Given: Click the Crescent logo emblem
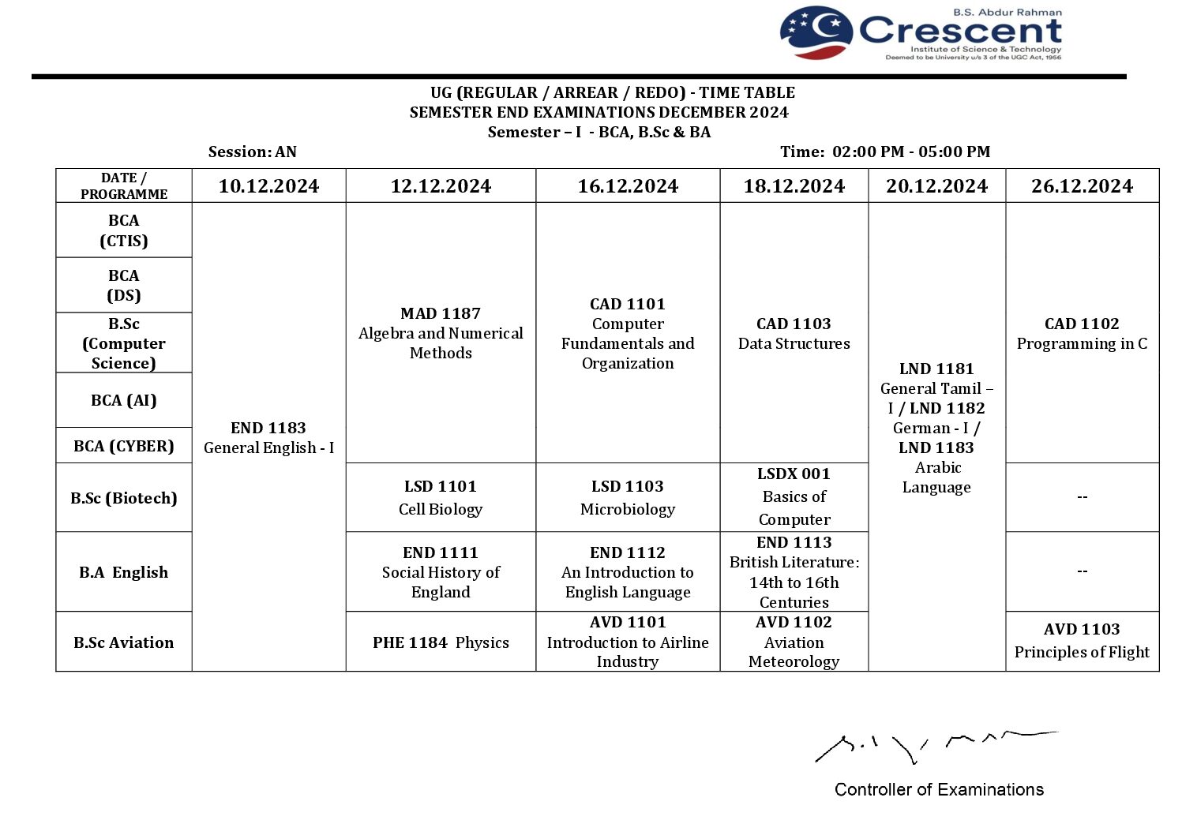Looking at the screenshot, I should (816, 33).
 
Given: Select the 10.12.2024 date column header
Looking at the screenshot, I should (268, 186).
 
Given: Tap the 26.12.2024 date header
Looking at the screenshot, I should (1082, 186).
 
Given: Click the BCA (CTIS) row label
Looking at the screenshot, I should (124, 230).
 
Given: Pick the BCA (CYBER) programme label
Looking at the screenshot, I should (124, 446).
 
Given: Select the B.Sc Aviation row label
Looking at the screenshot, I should (124, 642).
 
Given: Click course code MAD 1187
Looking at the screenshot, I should (441, 313).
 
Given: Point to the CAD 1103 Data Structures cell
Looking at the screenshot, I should (794, 333).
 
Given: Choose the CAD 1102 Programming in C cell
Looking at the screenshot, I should (1082, 333).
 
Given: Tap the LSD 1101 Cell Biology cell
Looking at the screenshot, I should (441, 497).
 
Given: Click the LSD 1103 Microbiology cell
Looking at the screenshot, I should (628, 497).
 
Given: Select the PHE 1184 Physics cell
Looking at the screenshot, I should (441, 642).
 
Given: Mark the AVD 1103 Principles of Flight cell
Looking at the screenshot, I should (1082, 640).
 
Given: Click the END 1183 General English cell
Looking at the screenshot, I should (268, 437).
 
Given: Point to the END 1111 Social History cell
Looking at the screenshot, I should (441, 572).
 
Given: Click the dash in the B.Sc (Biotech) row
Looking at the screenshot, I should (1082, 497).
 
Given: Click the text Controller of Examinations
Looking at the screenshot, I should (939, 789).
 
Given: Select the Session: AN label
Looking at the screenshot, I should (253, 152).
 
